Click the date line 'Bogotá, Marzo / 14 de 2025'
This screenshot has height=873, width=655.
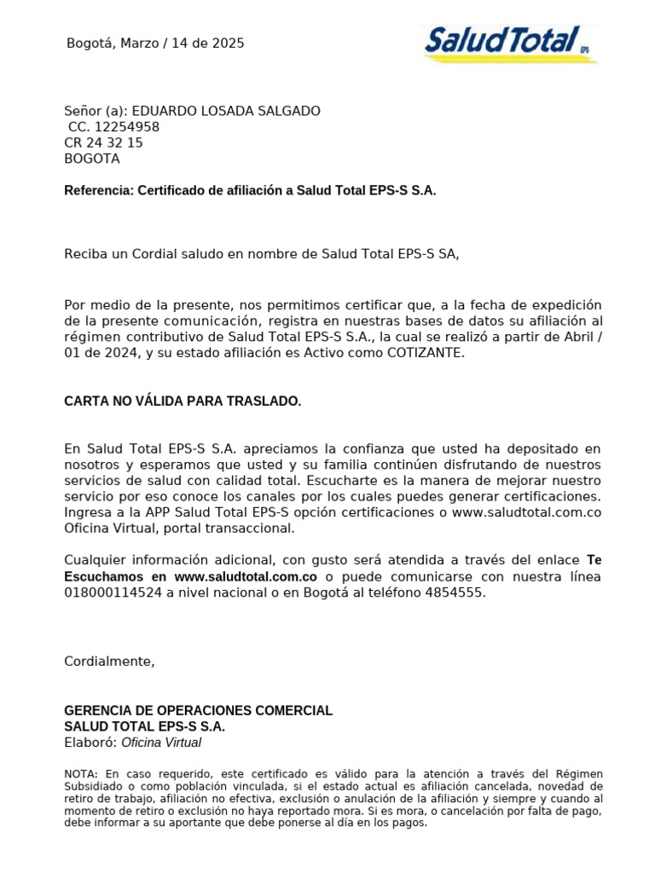[155, 43]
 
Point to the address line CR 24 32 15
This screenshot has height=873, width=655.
[103, 143]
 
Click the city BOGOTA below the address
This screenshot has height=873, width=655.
[92, 159]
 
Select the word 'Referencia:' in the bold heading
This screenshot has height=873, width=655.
[98, 191]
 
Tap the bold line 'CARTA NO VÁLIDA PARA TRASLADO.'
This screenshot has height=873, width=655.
[183, 401]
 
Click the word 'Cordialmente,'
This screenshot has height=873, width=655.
[110, 662]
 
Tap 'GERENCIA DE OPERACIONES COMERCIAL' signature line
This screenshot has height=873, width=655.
[199, 710]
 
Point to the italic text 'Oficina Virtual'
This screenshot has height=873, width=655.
[161, 743]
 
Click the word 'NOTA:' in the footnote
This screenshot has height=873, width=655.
[81, 772]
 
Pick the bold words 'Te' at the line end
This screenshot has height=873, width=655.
[594, 560]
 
